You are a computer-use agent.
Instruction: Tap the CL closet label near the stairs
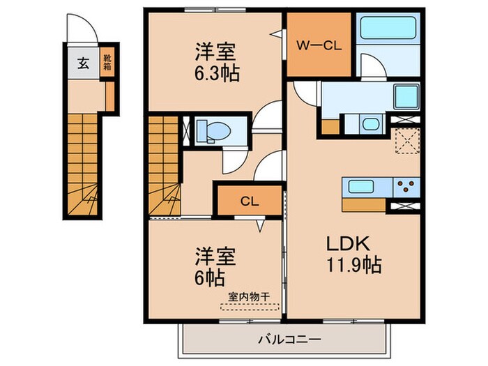pos(250,201)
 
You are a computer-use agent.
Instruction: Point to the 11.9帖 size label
pos(354,265)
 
